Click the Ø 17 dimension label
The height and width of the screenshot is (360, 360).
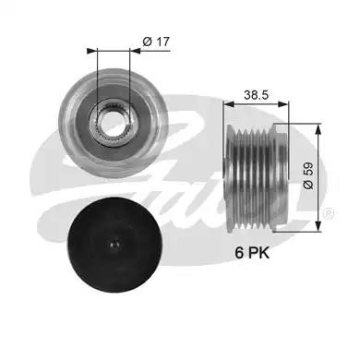[x=156, y=42]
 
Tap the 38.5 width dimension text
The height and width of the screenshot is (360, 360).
[x=257, y=95]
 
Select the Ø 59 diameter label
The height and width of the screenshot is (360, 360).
[x=308, y=175]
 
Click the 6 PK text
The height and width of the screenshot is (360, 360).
[x=252, y=253]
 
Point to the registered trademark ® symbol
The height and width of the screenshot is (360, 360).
[x=329, y=213]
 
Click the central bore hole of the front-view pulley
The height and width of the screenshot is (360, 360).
[x=113, y=124]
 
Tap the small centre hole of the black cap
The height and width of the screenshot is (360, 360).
[x=114, y=245]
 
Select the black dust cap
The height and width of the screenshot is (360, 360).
[x=114, y=245]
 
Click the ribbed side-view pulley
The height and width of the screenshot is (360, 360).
[x=257, y=177]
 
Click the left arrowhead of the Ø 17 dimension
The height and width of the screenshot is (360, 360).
[x=91, y=51]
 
